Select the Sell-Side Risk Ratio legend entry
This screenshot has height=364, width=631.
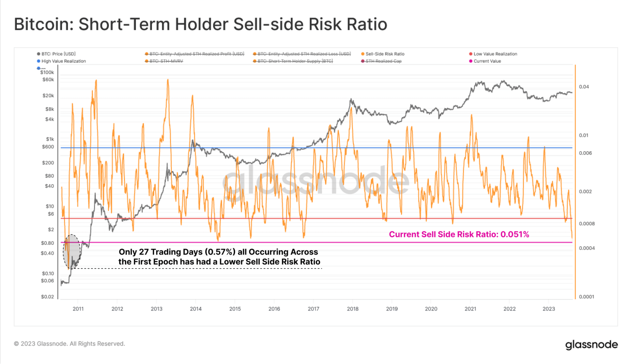click(x=385, y=54)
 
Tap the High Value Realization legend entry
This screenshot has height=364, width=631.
click(x=63, y=61)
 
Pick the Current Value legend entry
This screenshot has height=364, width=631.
click(x=487, y=61)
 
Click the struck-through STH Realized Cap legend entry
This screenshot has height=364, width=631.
click(x=383, y=61)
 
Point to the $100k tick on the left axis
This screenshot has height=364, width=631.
click(x=47, y=72)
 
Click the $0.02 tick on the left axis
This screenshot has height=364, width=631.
click(x=47, y=297)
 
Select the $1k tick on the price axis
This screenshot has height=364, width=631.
click(x=50, y=139)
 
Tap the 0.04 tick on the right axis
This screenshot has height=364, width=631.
click(x=584, y=87)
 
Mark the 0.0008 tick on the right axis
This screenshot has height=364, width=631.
click(x=587, y=224)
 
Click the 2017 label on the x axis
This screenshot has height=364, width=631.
click(x=313, y=309)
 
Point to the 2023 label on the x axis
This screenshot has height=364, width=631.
click(x=548, y=309)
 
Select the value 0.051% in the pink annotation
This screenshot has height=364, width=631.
click(x=515, y=234)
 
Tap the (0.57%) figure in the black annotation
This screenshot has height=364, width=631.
click(x=221, y=252)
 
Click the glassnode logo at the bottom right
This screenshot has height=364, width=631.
click(x=591, y=345)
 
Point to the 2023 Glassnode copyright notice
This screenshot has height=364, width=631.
click(x=69, y=344)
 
